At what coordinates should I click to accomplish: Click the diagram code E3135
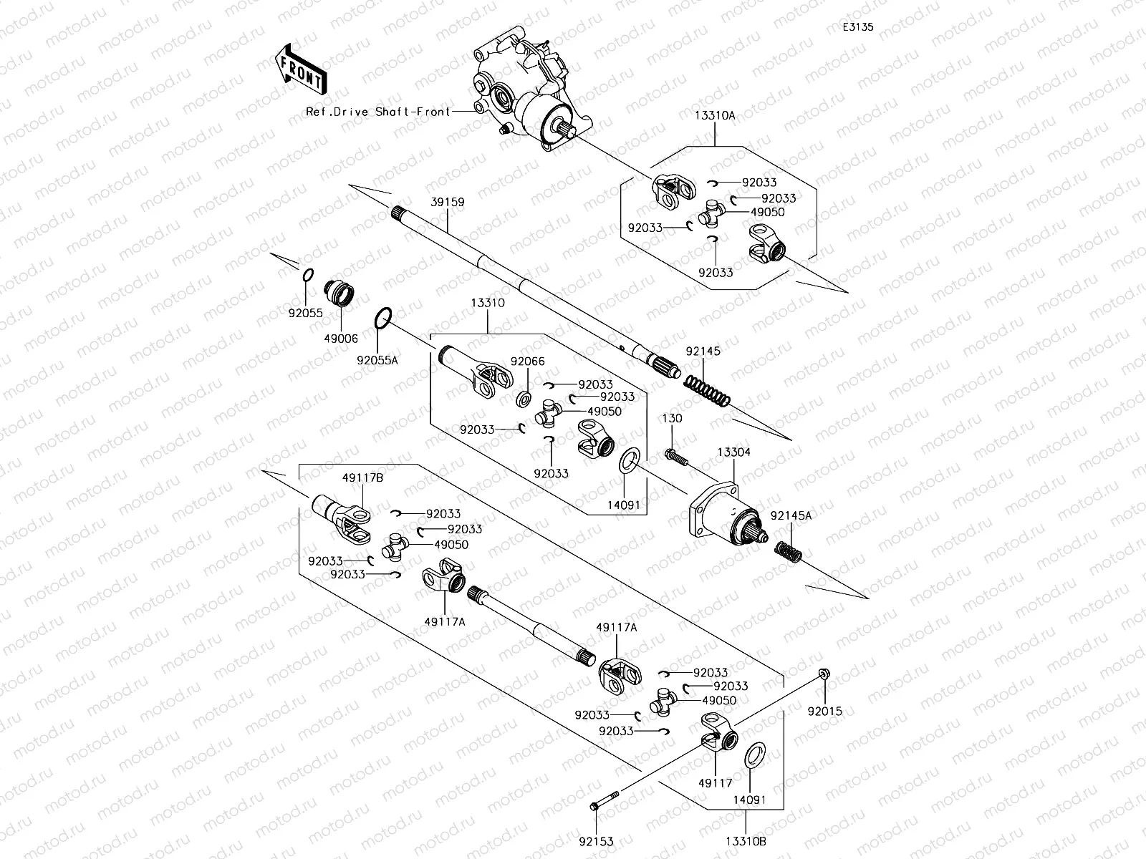click(858, 27)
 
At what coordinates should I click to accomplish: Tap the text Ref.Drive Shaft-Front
click(378, 112)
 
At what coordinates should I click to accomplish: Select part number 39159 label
click(448, 202)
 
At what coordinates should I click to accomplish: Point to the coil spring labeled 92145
click(707, 391)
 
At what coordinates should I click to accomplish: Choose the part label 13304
click(733, 452)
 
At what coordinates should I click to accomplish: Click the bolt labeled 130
click(676, 457)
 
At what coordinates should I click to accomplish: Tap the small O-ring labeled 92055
click(308, 275)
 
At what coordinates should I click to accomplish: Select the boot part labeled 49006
click(339, 293)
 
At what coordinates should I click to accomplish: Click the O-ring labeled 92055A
click(383, 318)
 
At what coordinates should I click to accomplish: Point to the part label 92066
click(527, 361)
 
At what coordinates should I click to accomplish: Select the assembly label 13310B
click(746, 841)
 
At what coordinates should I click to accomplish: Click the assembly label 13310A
click(715, 116)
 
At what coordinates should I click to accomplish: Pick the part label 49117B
click(363, 477)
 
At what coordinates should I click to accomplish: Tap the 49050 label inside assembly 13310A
click(768, 213)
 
